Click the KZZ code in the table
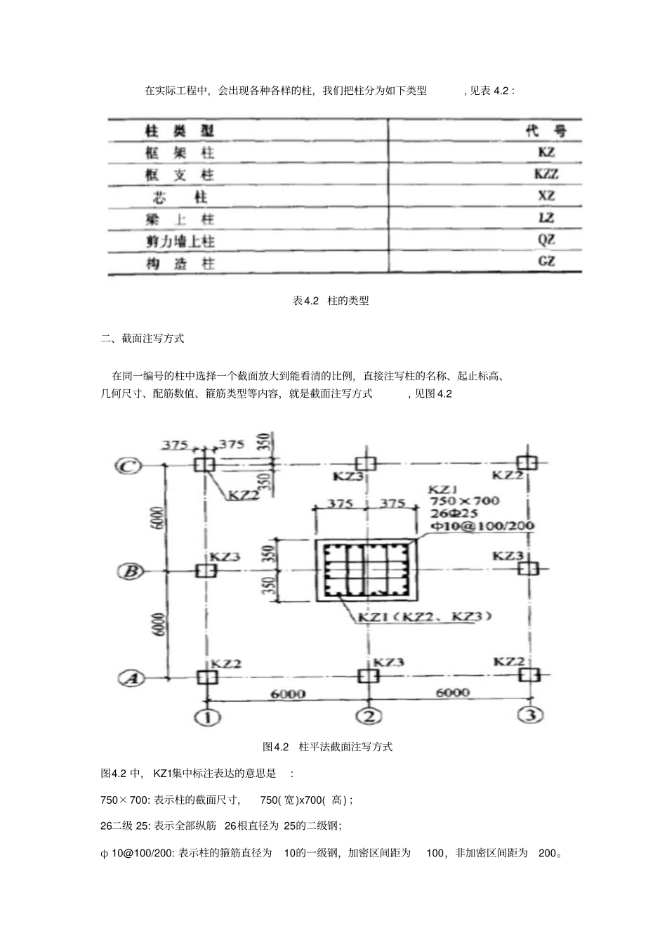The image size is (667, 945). pyautogui.click(x=546, y=174)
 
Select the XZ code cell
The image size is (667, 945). pyautogui.click(x=546, y=196)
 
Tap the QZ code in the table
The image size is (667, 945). pyautogui.click(x=546, y=240)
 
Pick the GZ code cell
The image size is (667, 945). pyautogui.click(x=546, y=261)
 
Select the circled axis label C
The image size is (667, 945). pyautogui.click(x=128, y=465)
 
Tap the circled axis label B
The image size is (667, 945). pyautogui.click(x=129, y=571)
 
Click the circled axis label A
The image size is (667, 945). pyautogui.click(x=130, y=679)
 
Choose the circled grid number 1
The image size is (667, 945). pyautogui.click(x=208, y=717)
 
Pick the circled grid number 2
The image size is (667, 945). pyautogui.click(x=369, y=717)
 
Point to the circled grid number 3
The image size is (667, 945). pyautogui.click(x=530, y=715)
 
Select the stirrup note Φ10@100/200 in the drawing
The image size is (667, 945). pyautogui.click(x=482, y=526)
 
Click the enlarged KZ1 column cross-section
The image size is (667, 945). pyautogui.click(x=365, y=570)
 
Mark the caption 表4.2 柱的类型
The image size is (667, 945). pyautogui.click(x=330, y=301)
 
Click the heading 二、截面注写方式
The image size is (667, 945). pyautogui.click(x=143, y=338)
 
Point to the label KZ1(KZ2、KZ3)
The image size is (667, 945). pyautogui.click(x=425, y=617)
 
